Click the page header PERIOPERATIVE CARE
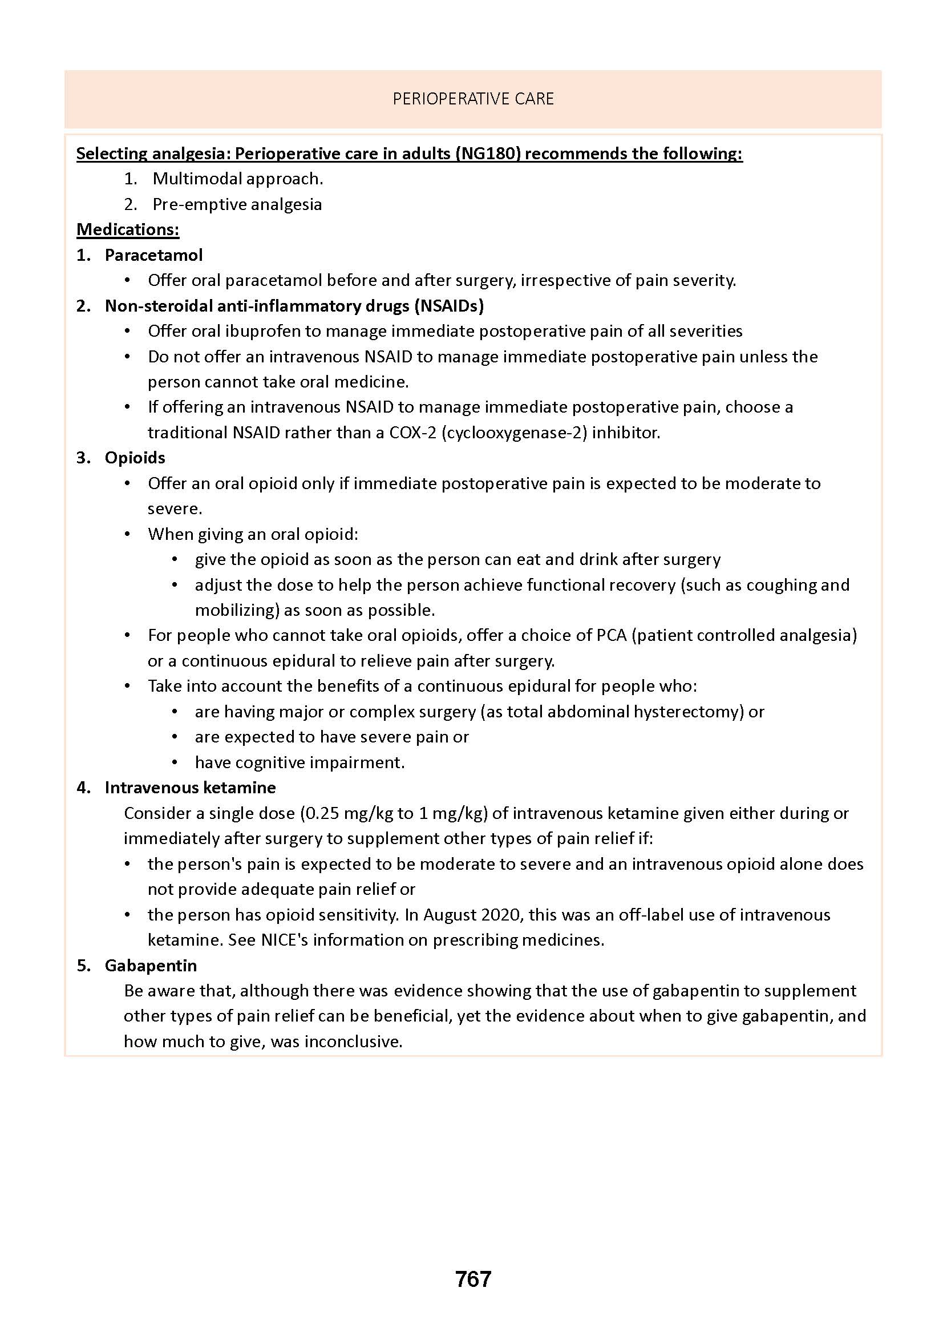(x=473, y=99)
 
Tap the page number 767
(x=473, y=1278)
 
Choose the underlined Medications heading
(x=128, y=229)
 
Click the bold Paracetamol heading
(x=153, y=255)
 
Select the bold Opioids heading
(x=135, y=458)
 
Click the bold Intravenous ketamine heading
(x=190, y=788)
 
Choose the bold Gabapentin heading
(x=151, y=965)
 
